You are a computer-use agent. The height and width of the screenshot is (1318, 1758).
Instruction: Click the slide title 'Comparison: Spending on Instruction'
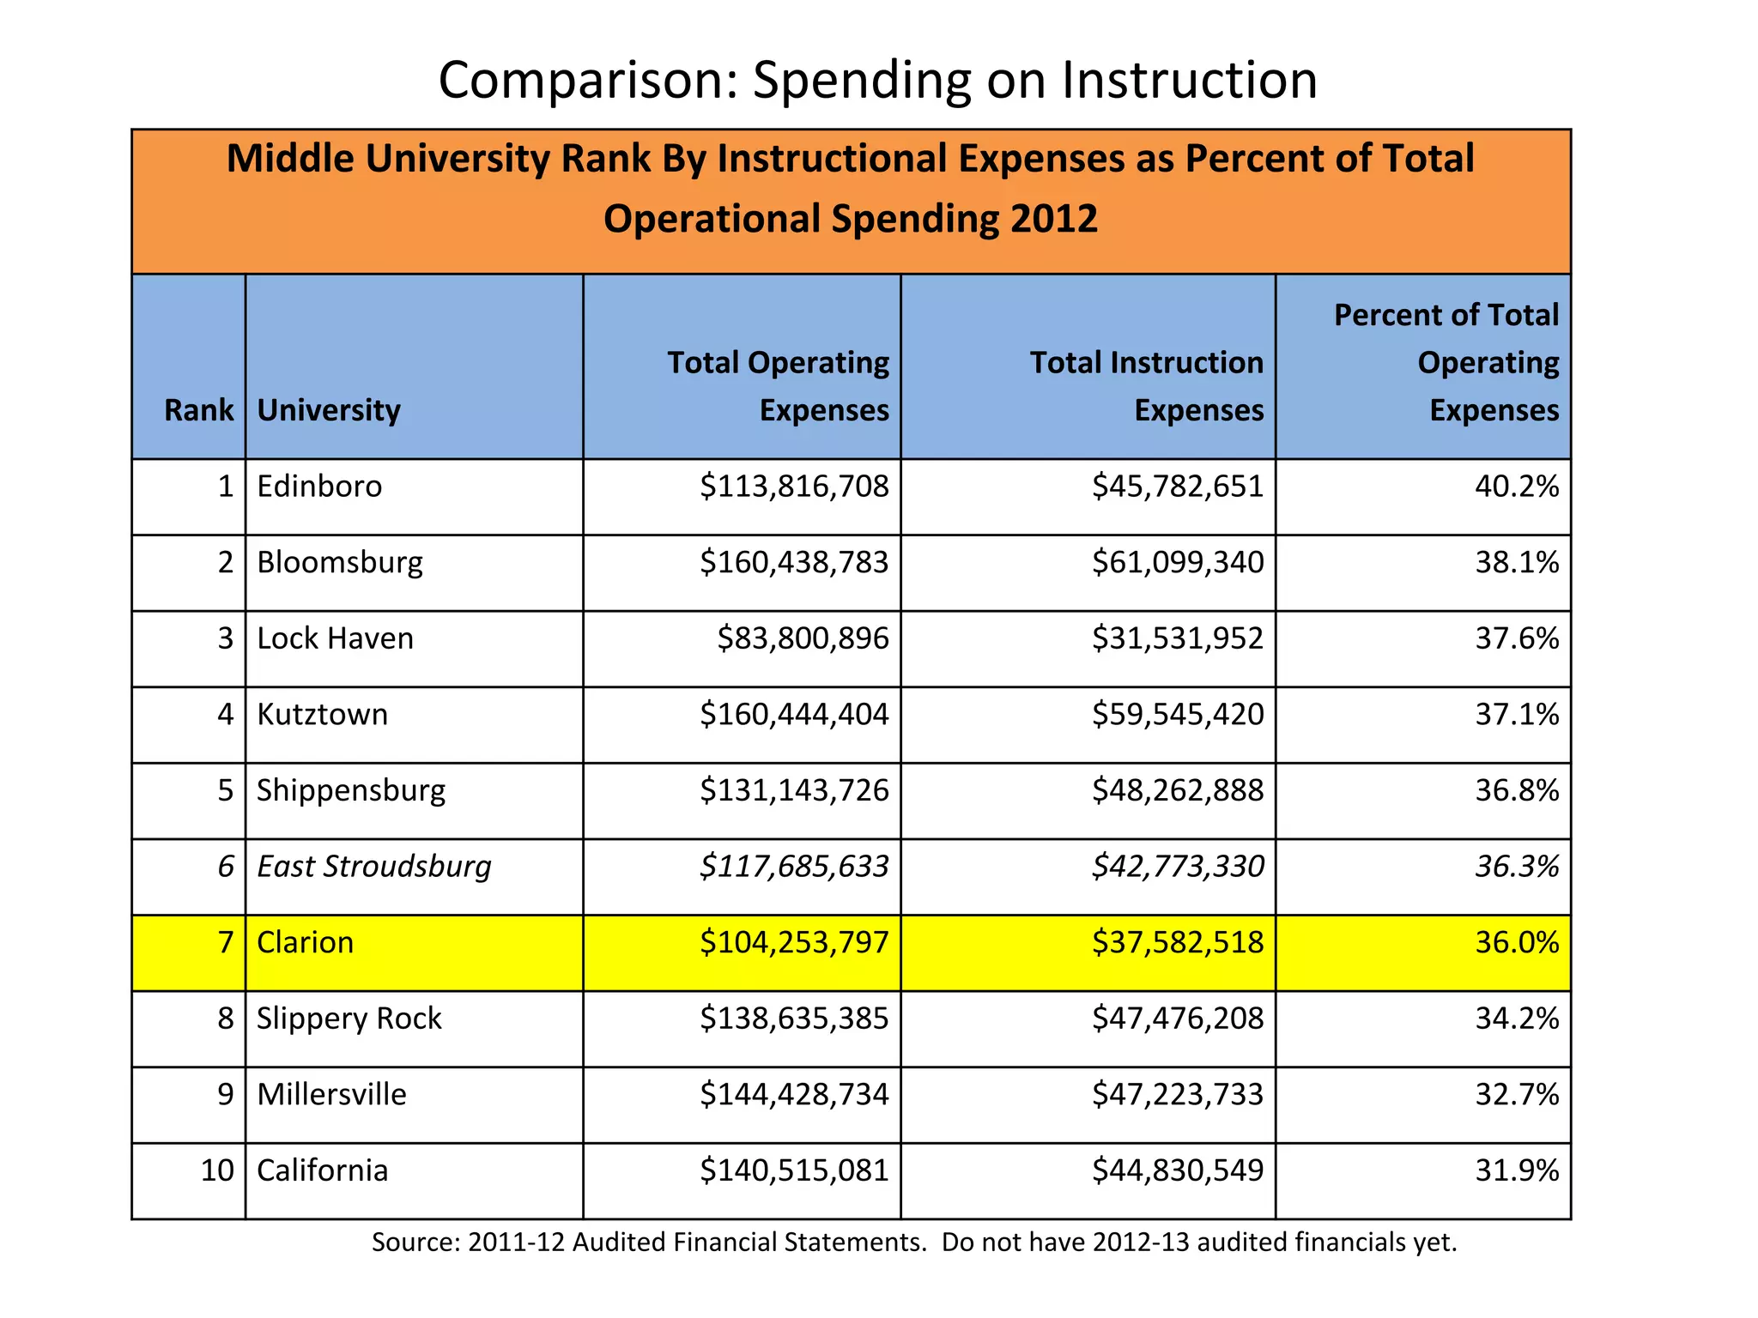[x=877, y=80]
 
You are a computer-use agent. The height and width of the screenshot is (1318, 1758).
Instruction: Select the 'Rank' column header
[x=198, y=410]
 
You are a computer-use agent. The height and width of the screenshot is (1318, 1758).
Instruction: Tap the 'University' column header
[x=329, y=410]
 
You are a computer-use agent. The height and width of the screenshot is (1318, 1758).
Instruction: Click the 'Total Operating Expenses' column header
[x=778, y=386]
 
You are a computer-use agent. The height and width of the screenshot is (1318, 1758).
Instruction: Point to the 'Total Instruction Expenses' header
[x=1146, y=386]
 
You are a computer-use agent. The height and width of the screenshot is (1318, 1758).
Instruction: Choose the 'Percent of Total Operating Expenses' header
[x=1446, y=363]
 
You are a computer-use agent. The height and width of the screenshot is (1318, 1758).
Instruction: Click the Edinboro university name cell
[x=319, y=487]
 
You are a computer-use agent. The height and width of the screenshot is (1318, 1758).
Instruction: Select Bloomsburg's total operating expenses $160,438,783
[x=794, y=563]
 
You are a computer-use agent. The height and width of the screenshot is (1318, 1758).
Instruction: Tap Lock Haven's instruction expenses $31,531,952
[x=1177, y=638]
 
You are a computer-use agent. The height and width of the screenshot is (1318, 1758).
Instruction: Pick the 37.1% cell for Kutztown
[x=1516, y=715]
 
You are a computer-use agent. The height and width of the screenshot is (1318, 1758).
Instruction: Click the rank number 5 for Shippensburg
[x=225, y=790]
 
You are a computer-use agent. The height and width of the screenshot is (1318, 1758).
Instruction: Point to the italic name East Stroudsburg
[x=374, y=867]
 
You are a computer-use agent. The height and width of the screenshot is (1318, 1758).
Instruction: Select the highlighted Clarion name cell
[x=305, y=943]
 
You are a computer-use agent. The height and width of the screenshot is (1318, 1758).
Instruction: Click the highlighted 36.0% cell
[x=1516, y=943]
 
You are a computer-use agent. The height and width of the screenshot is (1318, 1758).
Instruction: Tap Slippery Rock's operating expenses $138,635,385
[x=794, y=1019]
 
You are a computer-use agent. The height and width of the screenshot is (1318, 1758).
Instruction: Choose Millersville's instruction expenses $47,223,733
[x=1177, y=1095]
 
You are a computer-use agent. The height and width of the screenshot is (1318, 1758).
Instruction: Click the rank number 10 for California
[x=217, y=1170]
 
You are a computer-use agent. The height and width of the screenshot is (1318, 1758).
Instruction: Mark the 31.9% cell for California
[x=1516, y=1170]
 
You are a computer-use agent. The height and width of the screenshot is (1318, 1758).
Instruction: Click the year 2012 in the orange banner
[x=1053, y=219]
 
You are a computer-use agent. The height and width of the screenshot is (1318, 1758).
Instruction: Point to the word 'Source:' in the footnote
[x=415, y=1242]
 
